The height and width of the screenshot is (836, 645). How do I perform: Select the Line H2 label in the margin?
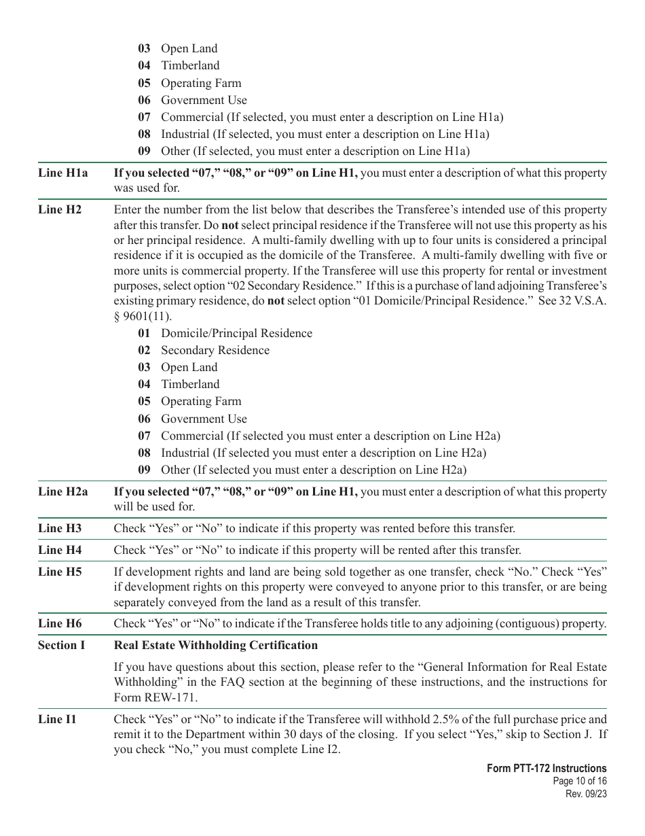(x=60, y=209)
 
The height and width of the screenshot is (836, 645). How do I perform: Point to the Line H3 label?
(x=60, y=528)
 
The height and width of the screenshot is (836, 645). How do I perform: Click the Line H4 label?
(x=60, y=550)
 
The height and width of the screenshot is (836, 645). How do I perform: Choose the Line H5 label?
(x=60, y=572)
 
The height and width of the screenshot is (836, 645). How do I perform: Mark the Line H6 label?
(x=60, y=623)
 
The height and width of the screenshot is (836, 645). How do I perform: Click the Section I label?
(x=62, y=645)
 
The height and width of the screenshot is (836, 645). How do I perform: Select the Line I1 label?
(x=57, y=719)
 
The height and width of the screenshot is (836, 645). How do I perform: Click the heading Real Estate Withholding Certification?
(x=215, y=645)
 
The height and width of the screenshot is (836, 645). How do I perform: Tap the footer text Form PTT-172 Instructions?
(x=547, y=769)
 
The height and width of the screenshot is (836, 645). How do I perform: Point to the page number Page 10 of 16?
(x=579, y=782)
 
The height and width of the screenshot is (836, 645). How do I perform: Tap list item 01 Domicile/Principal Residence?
(x=225, y=333)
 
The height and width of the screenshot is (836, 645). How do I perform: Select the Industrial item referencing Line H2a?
(x=312, y=453)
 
